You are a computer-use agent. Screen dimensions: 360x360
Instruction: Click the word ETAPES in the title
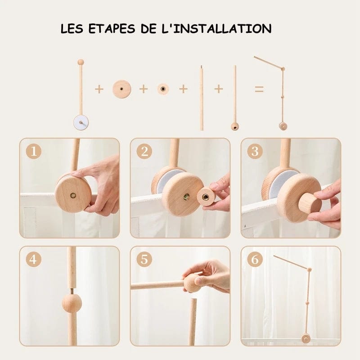[x=112, y=29]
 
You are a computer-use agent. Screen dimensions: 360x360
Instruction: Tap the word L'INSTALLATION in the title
[x=216, y=28]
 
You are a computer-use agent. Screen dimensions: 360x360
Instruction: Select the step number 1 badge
[x=34, y=151]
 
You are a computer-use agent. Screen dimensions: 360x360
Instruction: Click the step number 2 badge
[x=144, y=151]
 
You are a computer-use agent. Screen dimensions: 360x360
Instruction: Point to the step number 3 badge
[x=255, y=151]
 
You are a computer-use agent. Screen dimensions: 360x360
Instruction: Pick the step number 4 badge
[x=34, y=259]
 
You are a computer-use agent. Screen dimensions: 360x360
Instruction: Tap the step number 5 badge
[x=144, y=259]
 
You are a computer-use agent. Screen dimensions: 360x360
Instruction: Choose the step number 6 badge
[x=255, y=259]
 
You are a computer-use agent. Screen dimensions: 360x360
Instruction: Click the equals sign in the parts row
[x=259, y=89]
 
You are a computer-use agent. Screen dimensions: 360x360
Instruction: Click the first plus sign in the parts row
[x=99, y=89]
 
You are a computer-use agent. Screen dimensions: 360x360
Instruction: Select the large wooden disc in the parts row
[x=121, y=89]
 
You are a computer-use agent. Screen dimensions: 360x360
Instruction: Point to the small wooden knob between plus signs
[x=163, y=89]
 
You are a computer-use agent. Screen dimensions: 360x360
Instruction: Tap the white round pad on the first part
[x=81, y=122]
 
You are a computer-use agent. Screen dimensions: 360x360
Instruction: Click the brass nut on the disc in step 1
[x=73, y=195]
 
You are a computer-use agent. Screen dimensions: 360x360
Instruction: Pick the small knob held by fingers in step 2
[x=206, y=197]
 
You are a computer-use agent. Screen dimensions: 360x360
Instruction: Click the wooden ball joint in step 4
[x=72, y=303]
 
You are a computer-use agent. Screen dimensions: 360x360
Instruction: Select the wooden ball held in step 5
[x=193, y=283]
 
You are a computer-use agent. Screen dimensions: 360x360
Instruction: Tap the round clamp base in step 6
[x=306, y=339]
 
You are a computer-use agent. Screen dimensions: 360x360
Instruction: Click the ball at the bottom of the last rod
[x=234, y=126]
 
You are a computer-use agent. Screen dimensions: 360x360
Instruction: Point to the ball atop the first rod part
[x=81, y=62]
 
